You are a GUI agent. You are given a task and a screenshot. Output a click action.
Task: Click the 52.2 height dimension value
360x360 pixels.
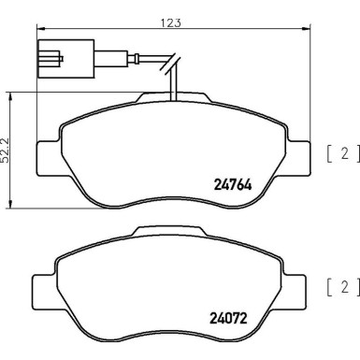tap(7, 150)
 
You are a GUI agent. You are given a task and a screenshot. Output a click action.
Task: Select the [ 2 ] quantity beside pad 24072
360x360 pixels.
tap(341, 286)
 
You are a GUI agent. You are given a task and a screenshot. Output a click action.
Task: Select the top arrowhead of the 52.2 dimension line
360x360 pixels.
tap(10, 94)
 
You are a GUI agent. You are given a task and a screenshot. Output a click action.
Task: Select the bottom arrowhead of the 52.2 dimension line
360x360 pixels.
tap(10, 207)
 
